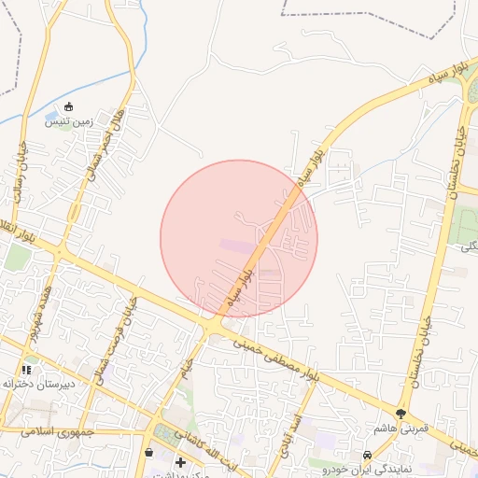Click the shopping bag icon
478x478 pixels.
148,453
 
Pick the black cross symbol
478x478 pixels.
179,462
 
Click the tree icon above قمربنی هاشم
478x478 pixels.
401,413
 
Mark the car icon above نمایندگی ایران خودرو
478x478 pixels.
367,455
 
